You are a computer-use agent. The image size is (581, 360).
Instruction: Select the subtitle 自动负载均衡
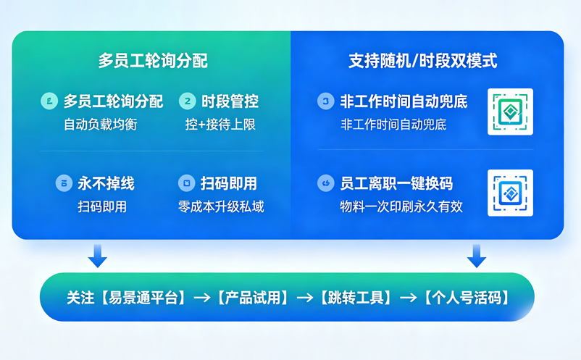point(100,125)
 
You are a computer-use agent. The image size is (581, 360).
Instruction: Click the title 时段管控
point(230,101)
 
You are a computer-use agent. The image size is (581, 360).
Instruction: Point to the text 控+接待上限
point(220,125)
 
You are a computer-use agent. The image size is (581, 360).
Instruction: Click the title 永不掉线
point(106,183)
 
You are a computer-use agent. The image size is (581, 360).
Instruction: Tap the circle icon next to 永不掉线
point(64,183)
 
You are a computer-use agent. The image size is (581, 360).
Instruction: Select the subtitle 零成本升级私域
point(221,206)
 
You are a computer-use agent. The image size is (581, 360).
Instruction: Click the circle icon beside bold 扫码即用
point(186,183)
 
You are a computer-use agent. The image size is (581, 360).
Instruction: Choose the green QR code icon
point(510,112)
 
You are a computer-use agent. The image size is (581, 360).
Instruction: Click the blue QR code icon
point(510,193)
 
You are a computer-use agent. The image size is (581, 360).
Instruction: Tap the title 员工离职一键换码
point(396,183)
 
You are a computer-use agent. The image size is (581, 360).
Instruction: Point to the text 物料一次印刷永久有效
point(401,206)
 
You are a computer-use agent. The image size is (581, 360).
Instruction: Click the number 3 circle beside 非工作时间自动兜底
point(326,101)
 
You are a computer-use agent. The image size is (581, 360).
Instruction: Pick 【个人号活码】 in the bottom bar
point(467,297)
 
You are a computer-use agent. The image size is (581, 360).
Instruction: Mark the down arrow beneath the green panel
point(97,255)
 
